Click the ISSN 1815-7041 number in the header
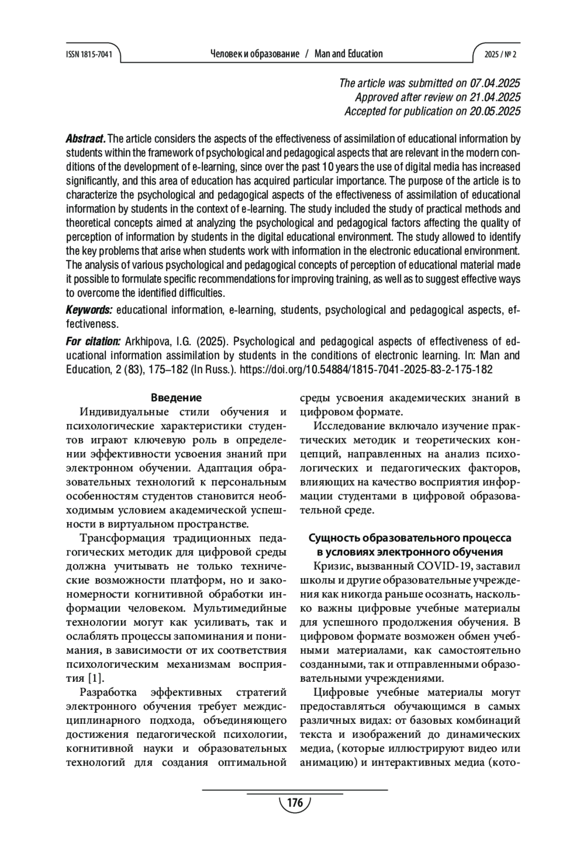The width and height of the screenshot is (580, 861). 88,55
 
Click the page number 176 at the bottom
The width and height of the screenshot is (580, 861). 294,803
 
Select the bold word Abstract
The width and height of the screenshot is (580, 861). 86,140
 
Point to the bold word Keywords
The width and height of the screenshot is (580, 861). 89,310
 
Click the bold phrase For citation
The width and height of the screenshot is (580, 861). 93,341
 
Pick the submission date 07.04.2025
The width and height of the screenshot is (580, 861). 495,83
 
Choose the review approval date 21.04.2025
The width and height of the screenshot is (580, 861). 495,97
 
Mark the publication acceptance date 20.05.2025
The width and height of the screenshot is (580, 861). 495,111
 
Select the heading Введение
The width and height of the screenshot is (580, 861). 176,398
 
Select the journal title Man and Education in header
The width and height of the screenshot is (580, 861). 348,54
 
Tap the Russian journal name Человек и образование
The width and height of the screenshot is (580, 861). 255,54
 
